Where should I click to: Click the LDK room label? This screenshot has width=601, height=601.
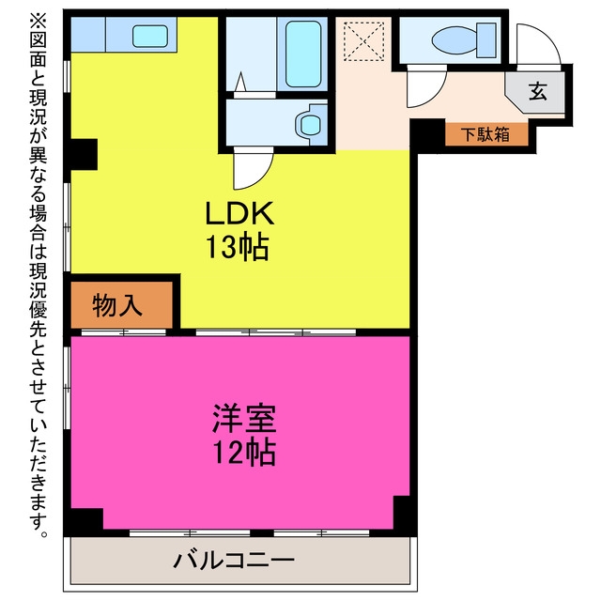point(240,213)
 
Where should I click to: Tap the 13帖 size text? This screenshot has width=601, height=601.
point(238,247)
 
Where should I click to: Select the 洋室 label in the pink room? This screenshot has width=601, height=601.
point(244,418)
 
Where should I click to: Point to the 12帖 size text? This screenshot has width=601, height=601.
point(244,453)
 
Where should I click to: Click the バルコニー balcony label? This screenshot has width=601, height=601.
point(234,560)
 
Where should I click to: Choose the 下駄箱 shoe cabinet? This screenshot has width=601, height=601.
point(486,134)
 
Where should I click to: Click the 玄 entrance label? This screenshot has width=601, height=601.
point(537,92)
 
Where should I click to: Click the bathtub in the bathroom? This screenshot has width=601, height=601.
point(303,54)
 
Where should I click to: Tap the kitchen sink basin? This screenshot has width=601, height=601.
point(150,36)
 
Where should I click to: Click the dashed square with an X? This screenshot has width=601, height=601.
point(363,41)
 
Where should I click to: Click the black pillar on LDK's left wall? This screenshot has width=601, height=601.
point(84,154)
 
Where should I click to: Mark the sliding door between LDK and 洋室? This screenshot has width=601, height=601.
point(276,332)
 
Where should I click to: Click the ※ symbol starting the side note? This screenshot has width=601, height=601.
point(38,20)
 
